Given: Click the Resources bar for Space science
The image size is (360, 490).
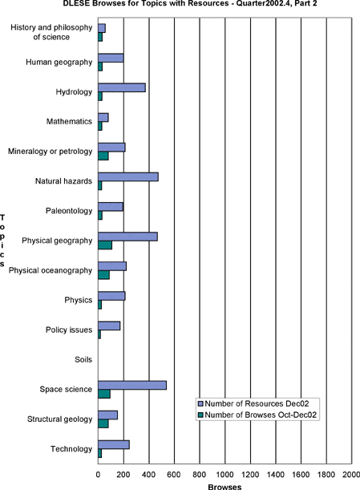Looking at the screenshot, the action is pyautogui.click(x=132, y=385).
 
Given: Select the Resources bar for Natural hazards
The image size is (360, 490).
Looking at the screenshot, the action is pyautogui.click(x=128, y=177).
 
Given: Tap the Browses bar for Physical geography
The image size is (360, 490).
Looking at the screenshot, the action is pyautogui.click(x=105, y=245).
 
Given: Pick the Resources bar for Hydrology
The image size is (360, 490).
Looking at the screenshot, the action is pyautogui.click(x=122, y=87).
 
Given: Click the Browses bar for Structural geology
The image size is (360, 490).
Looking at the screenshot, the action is pyautogui.click(x=103, y=423).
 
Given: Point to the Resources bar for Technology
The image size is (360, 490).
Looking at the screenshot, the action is pyautogui.click(x=114, y=444).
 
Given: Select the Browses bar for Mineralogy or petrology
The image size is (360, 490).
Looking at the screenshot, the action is pyautogui.click(x=103, y=156).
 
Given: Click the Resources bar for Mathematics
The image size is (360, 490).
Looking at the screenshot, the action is pyautogui.click(x=103, y=118).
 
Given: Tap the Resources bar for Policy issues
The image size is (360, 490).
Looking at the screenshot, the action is pyautogui.click(x=109, y=326).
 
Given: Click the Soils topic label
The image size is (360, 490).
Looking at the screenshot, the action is pyautogui.click(x=83, y=360).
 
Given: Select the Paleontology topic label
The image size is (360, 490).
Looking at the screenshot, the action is pyautogui.click(x=69, y=211).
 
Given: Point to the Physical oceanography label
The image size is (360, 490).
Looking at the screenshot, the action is pyautogui.click(x=51, y=270).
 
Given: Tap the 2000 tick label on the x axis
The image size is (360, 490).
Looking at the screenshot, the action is pyautogui.click(x=351, y=475).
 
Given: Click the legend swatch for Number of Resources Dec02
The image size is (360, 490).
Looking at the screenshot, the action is pyautogui.click(x=200, y=404).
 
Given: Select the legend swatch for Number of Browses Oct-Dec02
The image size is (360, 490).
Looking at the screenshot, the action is pyautogui.click(x=200, y=415).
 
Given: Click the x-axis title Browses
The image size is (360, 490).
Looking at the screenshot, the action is pyautogui.click(x=224, y=487).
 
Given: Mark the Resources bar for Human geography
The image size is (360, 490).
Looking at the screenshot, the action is pyautogui.click(x=111, y=58).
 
